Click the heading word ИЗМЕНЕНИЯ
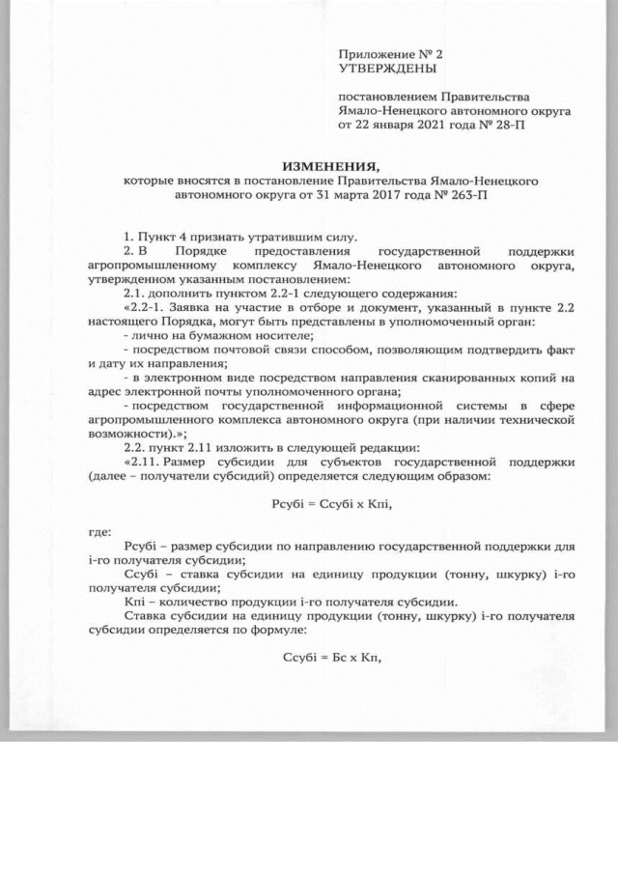[324, 166]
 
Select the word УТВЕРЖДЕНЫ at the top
[386, 70]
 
